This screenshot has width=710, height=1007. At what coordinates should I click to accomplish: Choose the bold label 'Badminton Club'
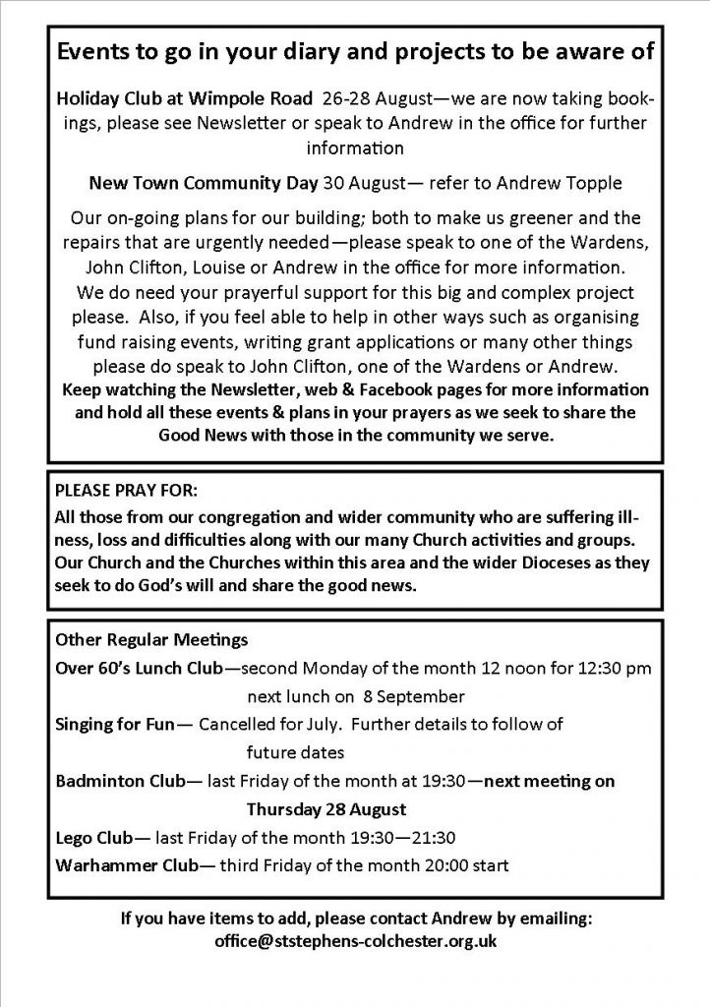pyautogui.click(x=119, y=782)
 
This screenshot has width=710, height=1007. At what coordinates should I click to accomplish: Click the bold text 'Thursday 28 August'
pyautogui.click(x=325, y=810)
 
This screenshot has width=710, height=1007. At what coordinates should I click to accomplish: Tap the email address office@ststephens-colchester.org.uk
pyautogui.click(x=355, y=941)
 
